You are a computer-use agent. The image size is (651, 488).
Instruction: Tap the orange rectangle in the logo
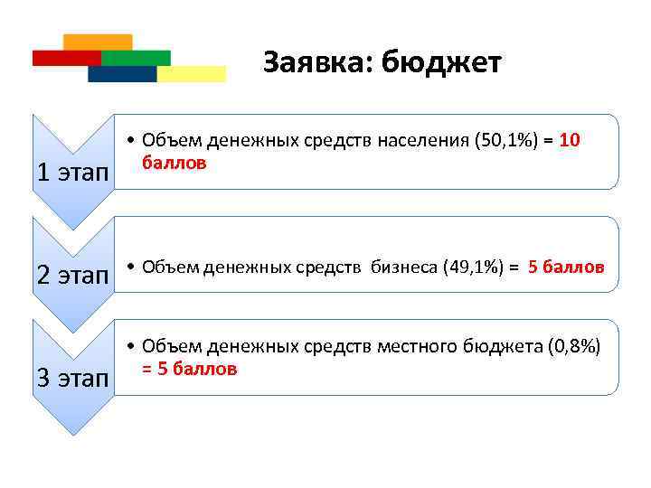click(99, 42)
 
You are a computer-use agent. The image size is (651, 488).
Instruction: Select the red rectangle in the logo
click(65, 58)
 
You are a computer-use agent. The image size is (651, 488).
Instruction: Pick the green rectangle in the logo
click(137, 58)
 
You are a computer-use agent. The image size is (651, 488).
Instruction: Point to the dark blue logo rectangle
click(121, 74)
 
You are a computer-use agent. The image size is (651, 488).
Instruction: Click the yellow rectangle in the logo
click(192, 74)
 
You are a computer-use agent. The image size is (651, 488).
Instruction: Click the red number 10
click(570, 141)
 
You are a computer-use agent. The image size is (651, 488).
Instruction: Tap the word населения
click(417, 141)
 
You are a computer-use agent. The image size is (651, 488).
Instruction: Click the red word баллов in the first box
click(174, 164)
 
